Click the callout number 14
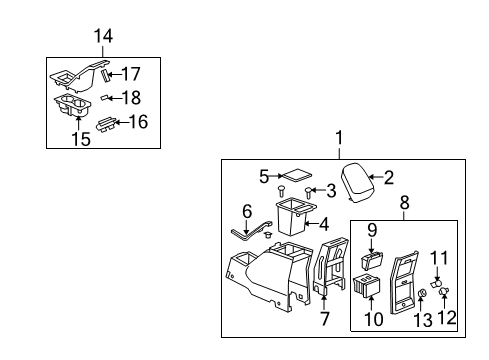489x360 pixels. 103,37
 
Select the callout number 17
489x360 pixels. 131,73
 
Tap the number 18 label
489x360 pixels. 131,97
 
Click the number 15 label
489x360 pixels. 81,139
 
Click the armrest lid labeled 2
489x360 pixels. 360,181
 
